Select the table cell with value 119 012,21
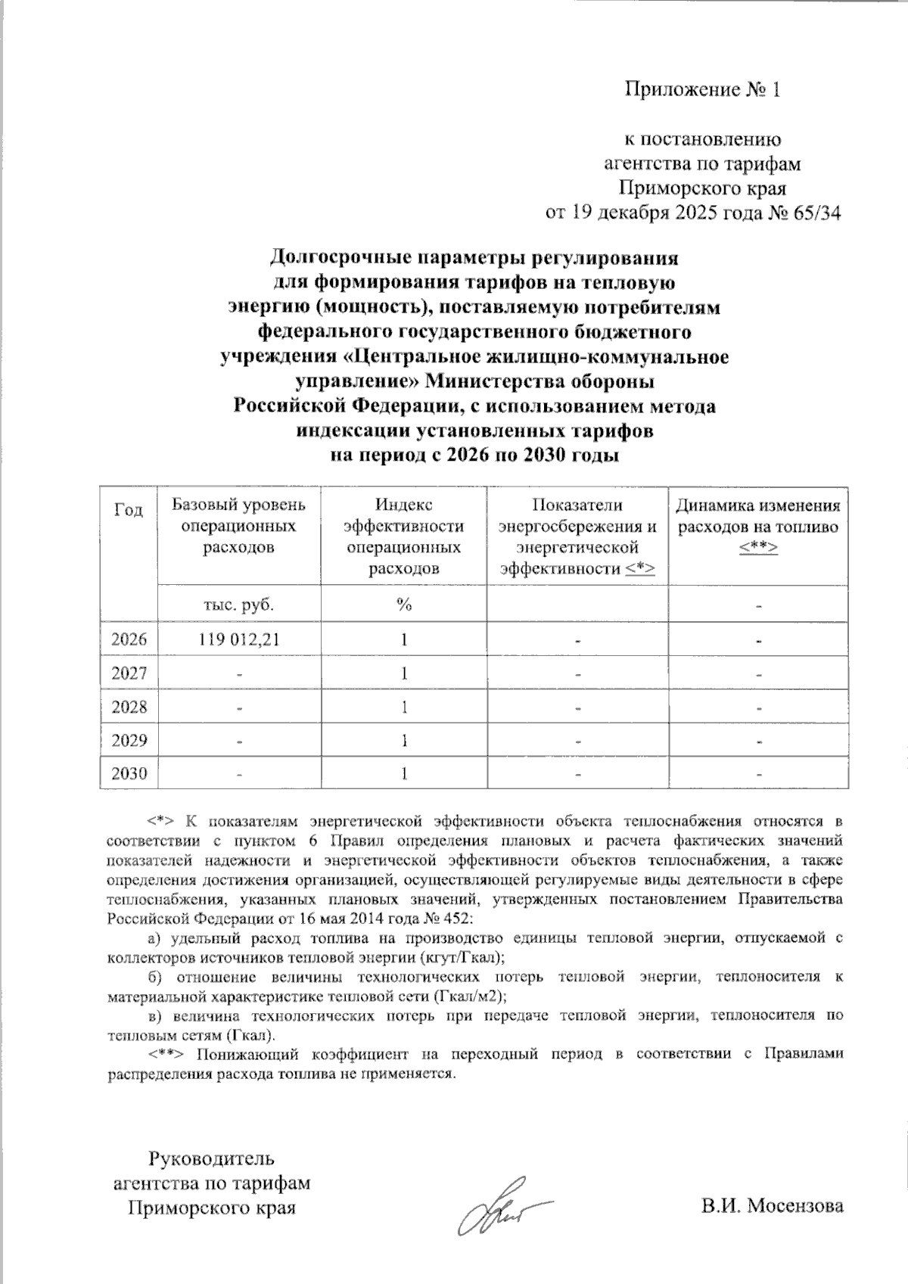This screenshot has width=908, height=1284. coord(239,639)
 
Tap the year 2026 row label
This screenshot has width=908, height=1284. coord(129,639)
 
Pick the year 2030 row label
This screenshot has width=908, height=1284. coord(129,773)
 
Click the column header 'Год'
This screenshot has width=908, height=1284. coord(129,510)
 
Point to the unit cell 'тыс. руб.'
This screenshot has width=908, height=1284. coord(239,605)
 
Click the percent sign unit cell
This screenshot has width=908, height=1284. coord(404,605)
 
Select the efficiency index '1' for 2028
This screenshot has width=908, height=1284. coord(405,707)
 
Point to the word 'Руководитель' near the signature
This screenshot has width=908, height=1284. coord(211,1158)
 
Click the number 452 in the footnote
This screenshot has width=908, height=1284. coord(457,919)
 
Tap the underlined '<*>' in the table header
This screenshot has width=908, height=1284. coord(641,568)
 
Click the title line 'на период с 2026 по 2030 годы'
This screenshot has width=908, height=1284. coord(474,455)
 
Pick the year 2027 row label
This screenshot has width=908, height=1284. coord(129,673)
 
